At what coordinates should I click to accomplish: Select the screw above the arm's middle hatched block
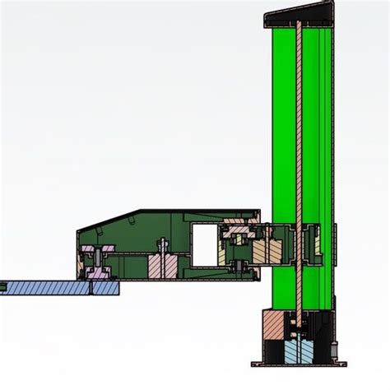[x=163, y=245]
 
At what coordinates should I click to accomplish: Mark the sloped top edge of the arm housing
[x=107, y=220]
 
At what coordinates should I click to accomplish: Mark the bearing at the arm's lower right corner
[x=238, y=266]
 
